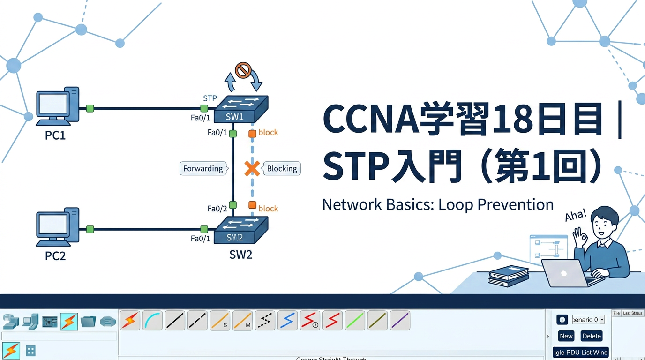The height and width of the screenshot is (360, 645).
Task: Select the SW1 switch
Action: click(241, 109)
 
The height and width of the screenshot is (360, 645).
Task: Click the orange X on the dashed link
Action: click(252, 169)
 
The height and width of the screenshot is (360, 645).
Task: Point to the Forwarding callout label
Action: click(203, 169)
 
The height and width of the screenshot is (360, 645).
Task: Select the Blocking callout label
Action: click(282, 169)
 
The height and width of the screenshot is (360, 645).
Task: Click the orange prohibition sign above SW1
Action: click(243, 71)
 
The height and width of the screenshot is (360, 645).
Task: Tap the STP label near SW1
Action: click(210, 98)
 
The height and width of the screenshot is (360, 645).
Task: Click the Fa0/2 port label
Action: click(217, 209)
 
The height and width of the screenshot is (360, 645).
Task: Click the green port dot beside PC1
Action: click(90, 108)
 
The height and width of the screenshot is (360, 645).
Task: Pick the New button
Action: click(566, 336)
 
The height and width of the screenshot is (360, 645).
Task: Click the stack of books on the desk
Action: click(509, 277)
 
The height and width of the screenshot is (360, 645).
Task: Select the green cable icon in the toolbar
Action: click(355, 321)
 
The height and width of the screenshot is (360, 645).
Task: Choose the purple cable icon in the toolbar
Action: click(400, 321)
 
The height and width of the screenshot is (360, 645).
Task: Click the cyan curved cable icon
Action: click(152, 321)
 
